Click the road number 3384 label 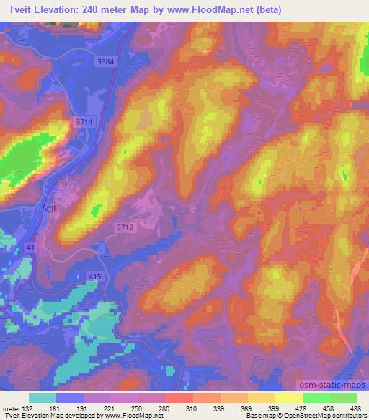coord(105,62)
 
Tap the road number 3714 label coord(85,123)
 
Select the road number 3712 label coord(125,227)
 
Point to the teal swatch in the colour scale coord(43,398)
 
